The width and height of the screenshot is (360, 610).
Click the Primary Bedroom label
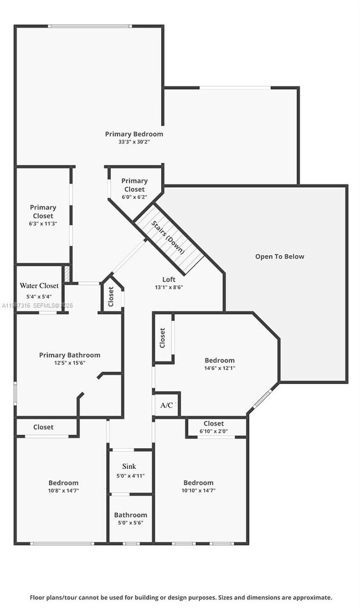coord(134,134)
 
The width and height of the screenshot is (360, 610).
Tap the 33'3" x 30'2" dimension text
coord(134,142)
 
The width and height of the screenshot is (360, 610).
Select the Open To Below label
coord(279,256)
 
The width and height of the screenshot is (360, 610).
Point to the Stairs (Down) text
coord(168,237)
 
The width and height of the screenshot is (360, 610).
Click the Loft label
coord(169,280)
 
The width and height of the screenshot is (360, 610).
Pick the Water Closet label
coord(39,286)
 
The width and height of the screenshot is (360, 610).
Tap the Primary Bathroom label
coord(69,355)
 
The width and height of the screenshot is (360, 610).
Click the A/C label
coord(166,405)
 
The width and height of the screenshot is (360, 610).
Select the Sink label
coord(129,467)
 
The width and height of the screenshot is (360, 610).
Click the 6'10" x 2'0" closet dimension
coord(214,431)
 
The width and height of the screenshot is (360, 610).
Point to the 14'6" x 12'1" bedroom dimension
coord(219,368)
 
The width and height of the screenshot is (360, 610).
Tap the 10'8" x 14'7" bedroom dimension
coord(63,490)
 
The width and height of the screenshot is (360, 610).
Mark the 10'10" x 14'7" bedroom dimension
coord(198,490)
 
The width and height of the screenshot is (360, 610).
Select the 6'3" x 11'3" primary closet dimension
coord(43,223)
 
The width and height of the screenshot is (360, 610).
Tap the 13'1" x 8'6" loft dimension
coord(169,287)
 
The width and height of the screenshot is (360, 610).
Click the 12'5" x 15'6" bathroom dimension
coord(69,363)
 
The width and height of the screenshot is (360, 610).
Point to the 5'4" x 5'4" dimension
coord(39,296)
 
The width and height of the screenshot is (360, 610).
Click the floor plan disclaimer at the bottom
coord(181,597)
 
